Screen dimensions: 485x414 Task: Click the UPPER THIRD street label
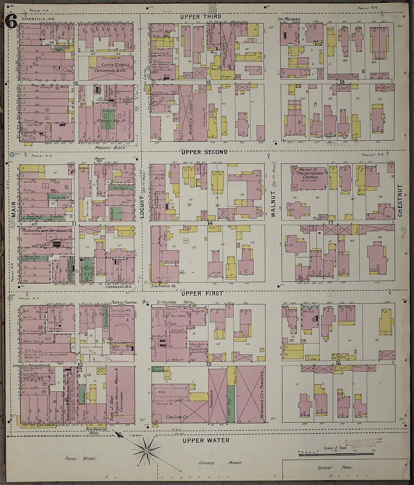(201, 17)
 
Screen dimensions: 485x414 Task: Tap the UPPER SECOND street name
(204, 152)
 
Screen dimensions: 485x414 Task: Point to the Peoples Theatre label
(124, 302)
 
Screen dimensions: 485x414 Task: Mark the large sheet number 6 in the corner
(11, 23)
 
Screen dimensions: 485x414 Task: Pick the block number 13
(208, 82)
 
